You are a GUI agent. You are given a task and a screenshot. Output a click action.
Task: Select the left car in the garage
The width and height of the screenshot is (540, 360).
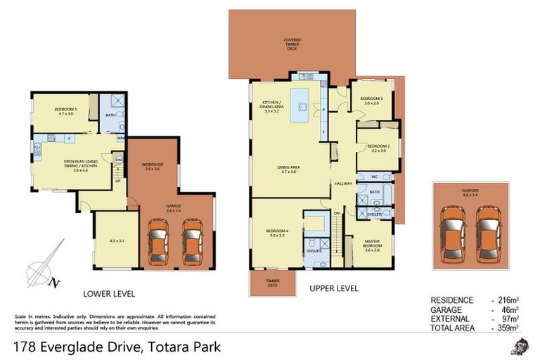(159, 241)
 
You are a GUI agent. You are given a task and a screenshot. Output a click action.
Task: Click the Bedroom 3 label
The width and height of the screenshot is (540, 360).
(371, 101)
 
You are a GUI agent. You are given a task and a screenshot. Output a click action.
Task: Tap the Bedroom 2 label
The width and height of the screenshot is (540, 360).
(378, 147)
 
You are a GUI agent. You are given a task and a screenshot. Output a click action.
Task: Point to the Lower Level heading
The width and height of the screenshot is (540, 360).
(109, 293)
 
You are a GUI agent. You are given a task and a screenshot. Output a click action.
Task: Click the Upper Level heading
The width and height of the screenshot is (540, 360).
(334, 288)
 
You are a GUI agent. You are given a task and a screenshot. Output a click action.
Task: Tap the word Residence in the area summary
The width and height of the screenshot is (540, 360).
(452, 300)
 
